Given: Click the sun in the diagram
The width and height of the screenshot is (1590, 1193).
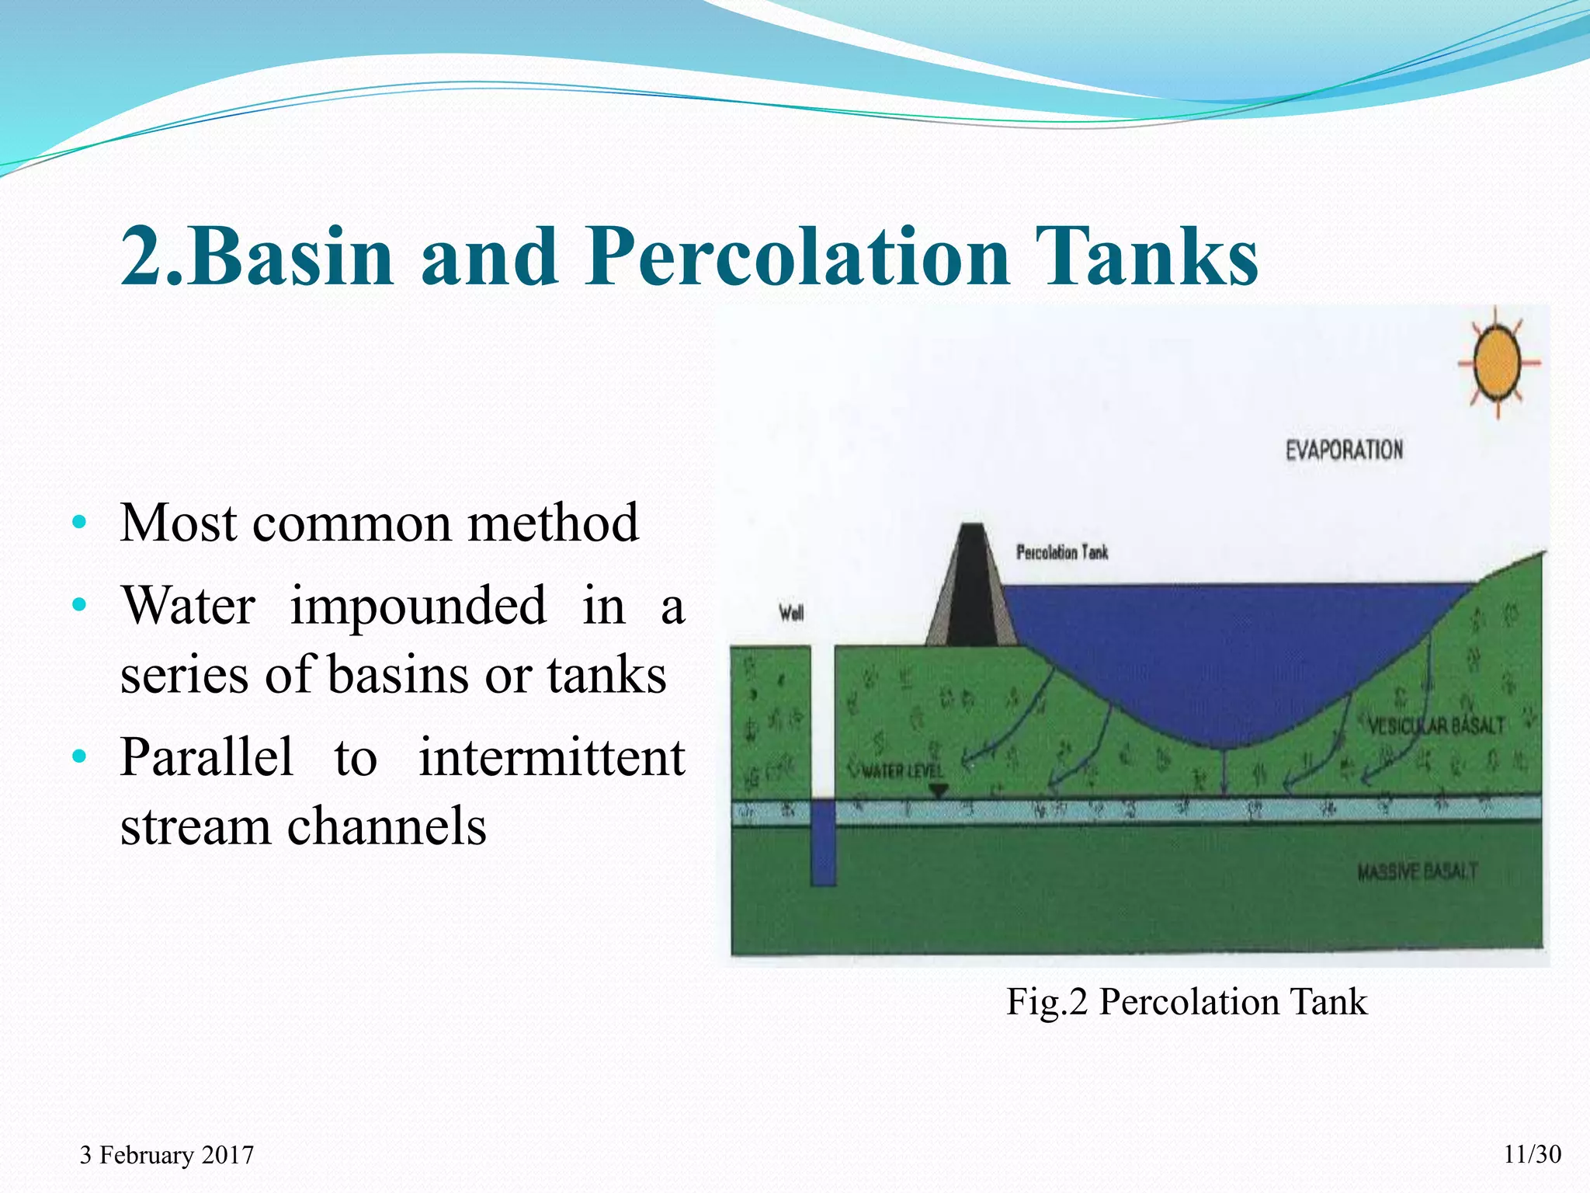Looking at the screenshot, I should (x=1498, y=363).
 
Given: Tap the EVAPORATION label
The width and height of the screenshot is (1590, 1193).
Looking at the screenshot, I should (x=1344, y=450).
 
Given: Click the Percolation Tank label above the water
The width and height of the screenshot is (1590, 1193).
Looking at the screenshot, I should (x=1062, y=552).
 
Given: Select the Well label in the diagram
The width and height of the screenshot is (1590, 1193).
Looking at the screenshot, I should (x=791, y=614).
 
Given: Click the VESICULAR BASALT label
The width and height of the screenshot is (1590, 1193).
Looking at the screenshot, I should (x=1436, y=726).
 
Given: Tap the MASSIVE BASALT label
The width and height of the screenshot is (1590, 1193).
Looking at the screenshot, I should (x=1417, y=872).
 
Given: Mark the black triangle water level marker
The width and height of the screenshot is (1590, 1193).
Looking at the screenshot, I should (x=939, y=791).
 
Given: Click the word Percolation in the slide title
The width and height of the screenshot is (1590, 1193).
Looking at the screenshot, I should (x=797, y=256).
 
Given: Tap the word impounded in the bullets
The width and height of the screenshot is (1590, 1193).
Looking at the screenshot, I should (x=418, y=606).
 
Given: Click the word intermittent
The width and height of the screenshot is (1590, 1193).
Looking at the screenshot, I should (x=552, y=757).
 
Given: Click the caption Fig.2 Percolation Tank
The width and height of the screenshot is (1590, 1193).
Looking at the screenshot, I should (x=1186, y=1001).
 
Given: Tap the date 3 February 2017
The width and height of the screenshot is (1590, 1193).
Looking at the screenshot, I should (x=167, y=1155).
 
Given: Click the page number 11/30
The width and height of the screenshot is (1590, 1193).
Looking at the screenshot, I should (x=1532, y=1154).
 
